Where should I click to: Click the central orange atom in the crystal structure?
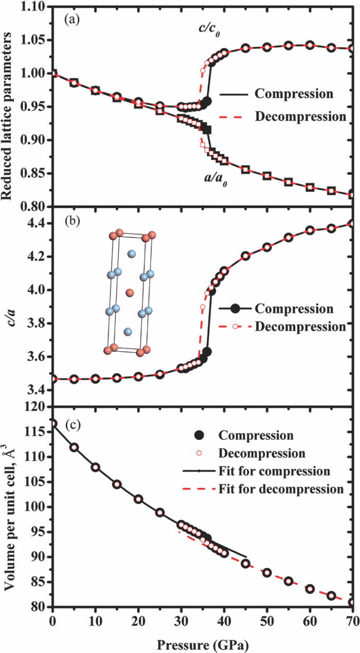click(129, 293)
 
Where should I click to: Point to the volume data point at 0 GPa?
click(53, 424)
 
